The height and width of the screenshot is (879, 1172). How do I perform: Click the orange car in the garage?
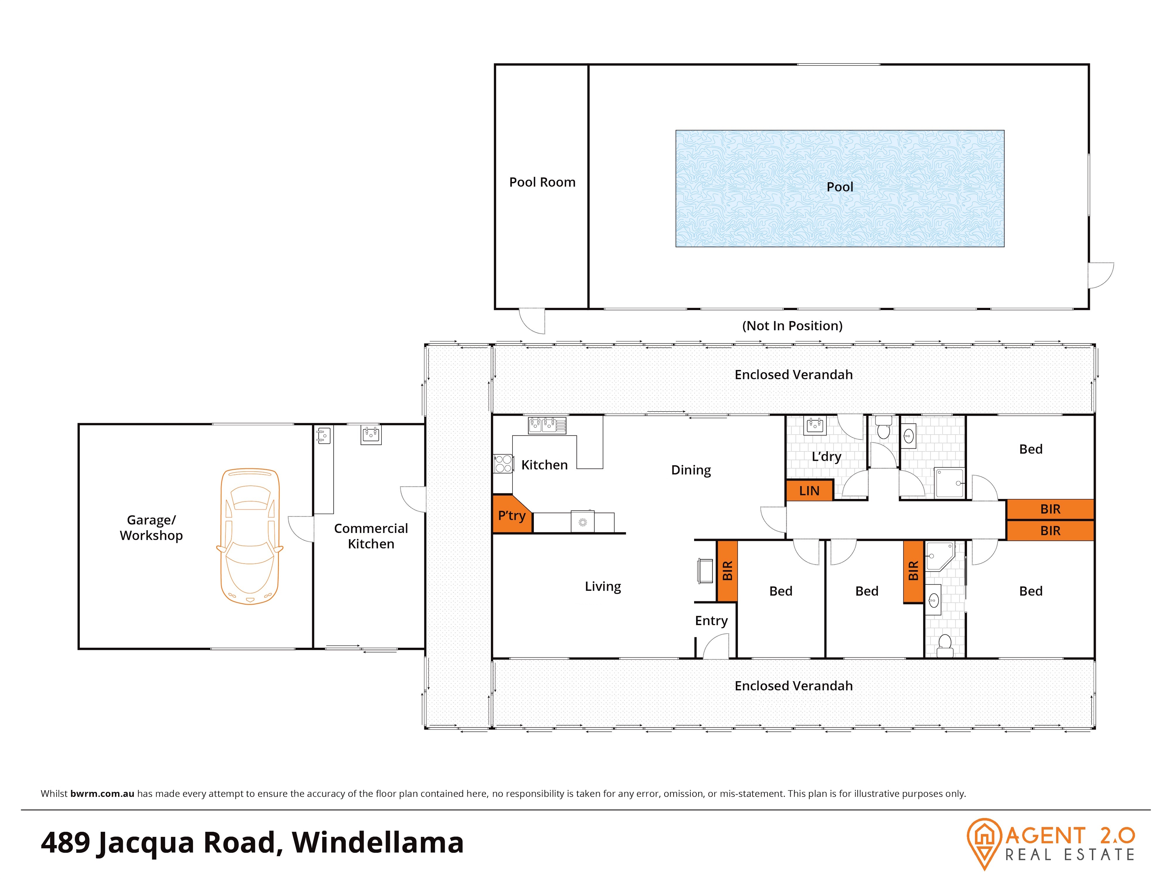250,536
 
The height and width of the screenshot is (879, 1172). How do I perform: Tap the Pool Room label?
542,182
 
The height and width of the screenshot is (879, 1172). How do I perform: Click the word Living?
603,587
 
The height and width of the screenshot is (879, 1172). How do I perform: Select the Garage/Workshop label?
151,528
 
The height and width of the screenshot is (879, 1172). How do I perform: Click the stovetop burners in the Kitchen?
503,464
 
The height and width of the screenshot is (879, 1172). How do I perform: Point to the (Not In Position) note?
792,326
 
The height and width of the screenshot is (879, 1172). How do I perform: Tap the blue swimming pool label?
840,187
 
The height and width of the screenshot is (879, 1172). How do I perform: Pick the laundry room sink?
815,425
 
